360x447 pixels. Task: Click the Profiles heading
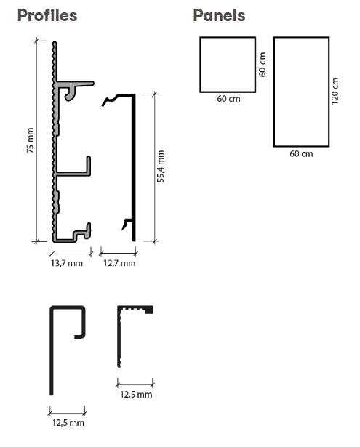point(47,15)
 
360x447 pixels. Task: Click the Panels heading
point(219,15)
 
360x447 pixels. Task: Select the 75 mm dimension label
point(31,140)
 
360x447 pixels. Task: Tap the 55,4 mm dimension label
point(161,166)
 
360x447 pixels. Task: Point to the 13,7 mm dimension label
point(67,263)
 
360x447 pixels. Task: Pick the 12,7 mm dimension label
point(119,263)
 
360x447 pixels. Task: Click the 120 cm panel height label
point(335,92)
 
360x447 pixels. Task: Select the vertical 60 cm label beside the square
point(263,65)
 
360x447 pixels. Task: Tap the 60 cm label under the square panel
point(228,99)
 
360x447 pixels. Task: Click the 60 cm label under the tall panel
point(301,154)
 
